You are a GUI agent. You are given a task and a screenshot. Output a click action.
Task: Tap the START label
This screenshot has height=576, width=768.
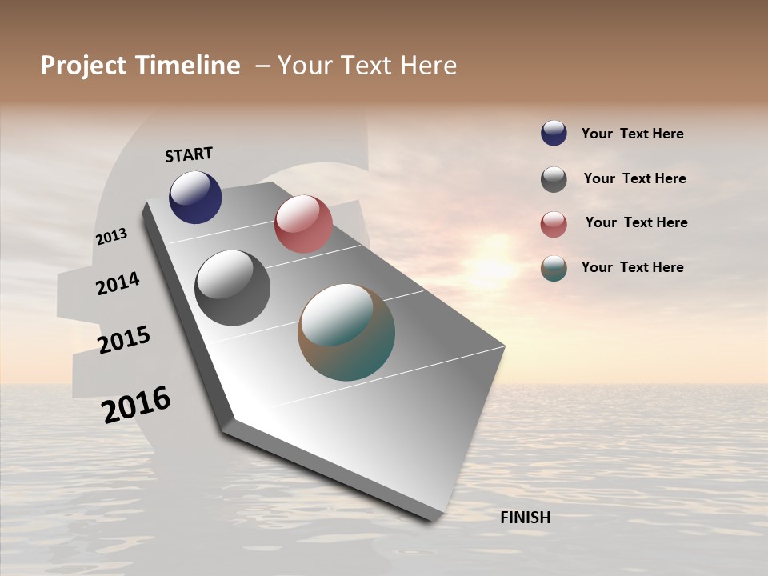189,154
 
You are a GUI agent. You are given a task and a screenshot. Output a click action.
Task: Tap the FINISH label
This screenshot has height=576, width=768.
525,518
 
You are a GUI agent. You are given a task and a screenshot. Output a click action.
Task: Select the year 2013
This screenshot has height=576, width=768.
111,237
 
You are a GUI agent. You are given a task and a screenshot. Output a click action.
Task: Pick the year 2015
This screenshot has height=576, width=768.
124,340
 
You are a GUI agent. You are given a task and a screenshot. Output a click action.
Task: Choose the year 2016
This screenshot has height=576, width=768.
136,405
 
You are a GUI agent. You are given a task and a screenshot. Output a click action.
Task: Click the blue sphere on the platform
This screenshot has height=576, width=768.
195,198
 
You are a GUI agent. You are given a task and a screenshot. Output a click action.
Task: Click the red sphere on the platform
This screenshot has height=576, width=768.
303,224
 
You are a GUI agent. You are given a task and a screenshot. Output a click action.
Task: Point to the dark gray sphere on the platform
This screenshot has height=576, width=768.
232,288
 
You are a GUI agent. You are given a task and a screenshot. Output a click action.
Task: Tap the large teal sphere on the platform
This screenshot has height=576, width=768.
346,332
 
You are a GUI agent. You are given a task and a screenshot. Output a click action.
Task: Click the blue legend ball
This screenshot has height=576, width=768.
554,133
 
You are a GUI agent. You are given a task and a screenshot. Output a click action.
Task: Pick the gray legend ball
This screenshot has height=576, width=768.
554,179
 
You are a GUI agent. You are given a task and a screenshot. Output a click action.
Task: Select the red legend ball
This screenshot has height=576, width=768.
554,224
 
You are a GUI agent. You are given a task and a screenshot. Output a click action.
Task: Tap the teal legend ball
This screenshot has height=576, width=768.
554,268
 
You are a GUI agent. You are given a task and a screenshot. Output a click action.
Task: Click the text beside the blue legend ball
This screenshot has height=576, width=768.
632,134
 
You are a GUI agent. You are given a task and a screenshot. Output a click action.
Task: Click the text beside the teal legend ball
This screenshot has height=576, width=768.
632,267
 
